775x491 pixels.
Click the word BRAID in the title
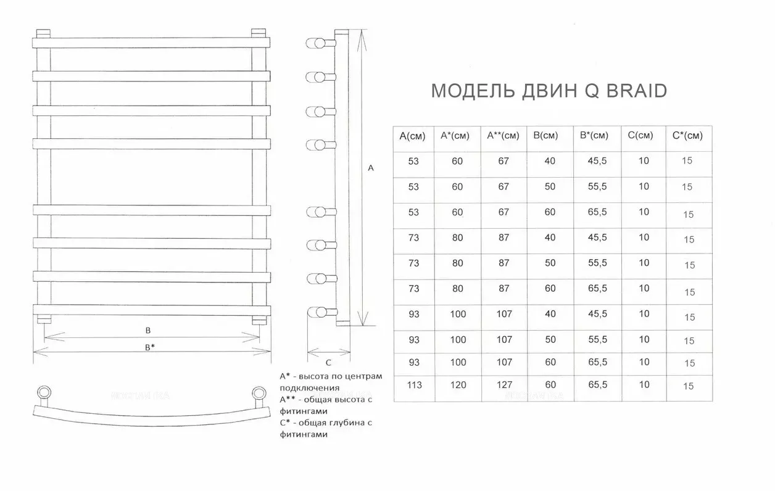637,91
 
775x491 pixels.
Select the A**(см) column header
503,136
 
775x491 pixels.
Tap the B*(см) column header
594,135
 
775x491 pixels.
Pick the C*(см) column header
687,136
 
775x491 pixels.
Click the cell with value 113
414,385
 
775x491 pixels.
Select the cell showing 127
505,385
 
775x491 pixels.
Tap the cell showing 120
458,385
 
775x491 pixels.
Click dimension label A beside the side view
371,168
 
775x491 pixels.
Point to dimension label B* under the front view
149,347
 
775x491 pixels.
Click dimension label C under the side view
328,363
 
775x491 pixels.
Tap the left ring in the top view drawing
44,393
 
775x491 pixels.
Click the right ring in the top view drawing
259,393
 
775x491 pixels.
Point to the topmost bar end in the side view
315,44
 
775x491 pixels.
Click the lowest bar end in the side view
317,312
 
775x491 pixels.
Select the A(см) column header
412,136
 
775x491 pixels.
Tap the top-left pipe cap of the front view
43,33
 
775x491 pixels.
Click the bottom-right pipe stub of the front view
259,320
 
